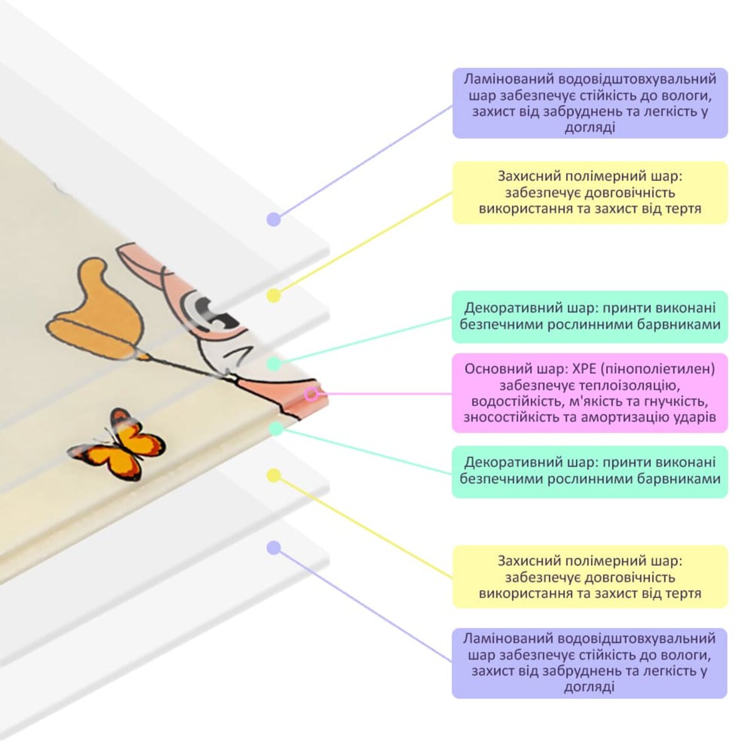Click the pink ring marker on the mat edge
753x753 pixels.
[x=311, y=394]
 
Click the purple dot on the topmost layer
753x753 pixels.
[x=274, y=219]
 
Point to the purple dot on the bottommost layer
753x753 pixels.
[x=274, y=548]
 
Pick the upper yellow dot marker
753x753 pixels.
[x=274, y=295]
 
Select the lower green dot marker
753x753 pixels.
[x=275, y=429]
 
